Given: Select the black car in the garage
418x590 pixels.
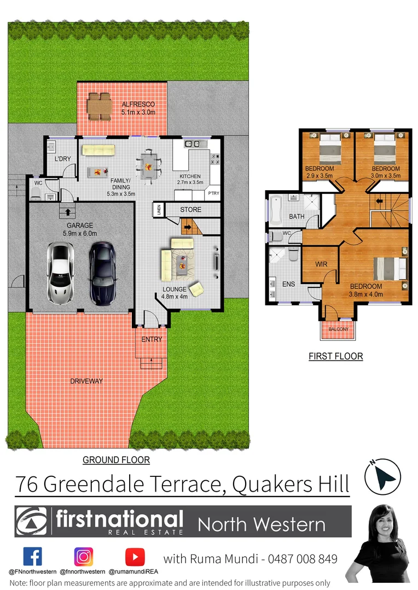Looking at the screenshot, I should pyautogui.click(x=102, y=273).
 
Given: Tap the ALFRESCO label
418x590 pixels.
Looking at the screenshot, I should pyautogui.click(x=138, y=104).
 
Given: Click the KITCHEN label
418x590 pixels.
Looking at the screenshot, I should pyautogui.click(x=190, y=176).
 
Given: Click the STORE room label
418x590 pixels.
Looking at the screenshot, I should pyautogui.click(x=190, y=210).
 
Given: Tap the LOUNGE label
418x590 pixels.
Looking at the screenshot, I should pyautogui.click(x=175, y=289).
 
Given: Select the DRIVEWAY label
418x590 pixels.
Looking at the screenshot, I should pyautogui.click(x=86, y=381).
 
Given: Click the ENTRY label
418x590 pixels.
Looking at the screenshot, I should pyautogui.click(x=152, y=339).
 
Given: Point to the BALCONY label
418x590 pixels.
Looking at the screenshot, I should pyautogui.click(x=338, y=329).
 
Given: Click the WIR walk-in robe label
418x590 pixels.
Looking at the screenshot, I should pyautogui.click(x=321, y=264).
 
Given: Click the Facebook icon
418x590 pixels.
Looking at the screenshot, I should pyautogui.click(x=32, y=557).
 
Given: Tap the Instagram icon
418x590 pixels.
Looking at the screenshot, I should pyautogui.click(x=84, y=557).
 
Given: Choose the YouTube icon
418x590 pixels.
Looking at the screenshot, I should pyautogui.click(x=135, y=557).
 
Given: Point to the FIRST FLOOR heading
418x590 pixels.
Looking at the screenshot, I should pyautogui.click(x=336, y=357).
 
